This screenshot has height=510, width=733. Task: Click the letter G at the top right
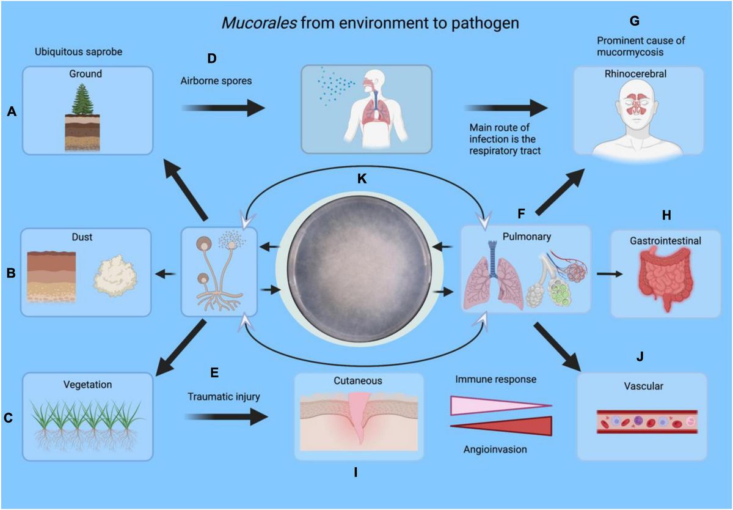(634, 21)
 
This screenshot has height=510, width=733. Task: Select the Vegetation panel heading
(87, 385)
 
